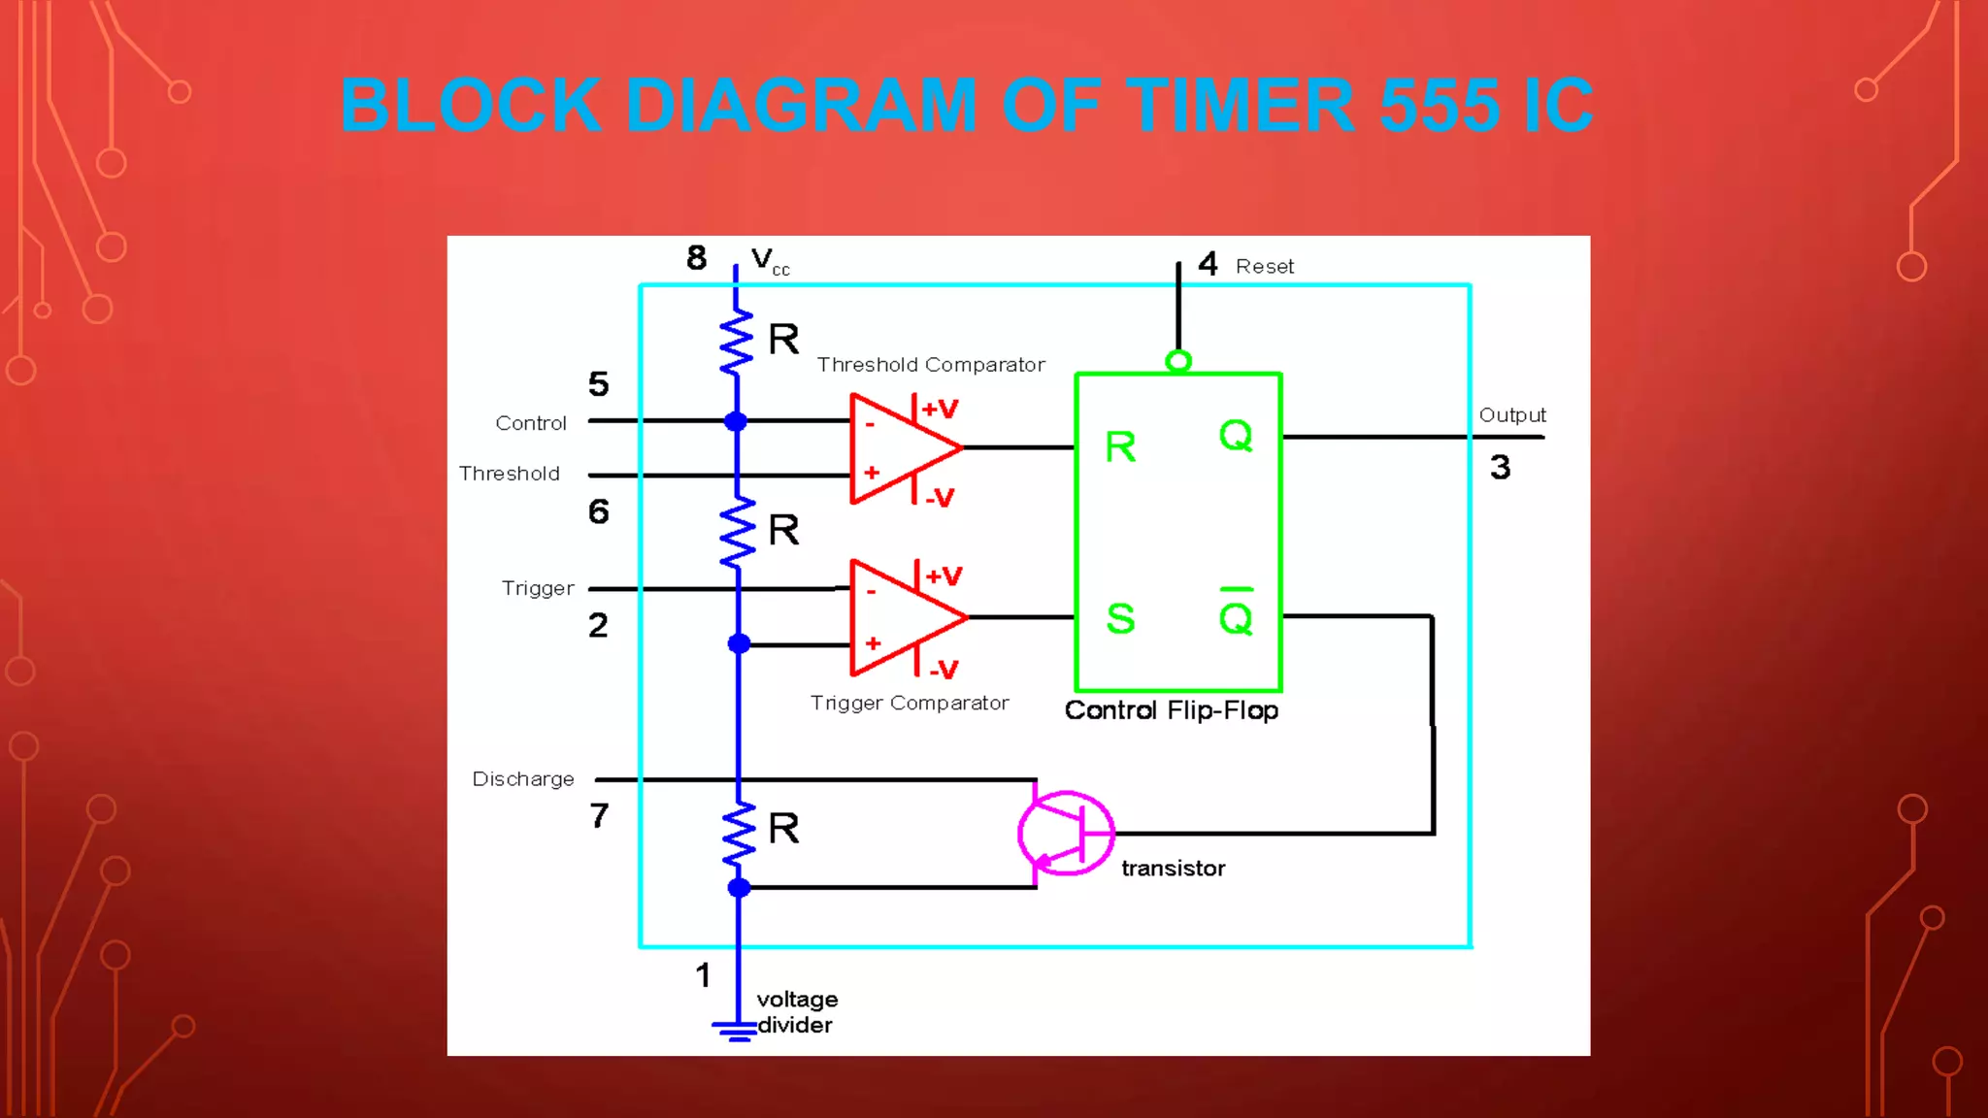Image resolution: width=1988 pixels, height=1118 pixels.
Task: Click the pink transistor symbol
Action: point(1066,833)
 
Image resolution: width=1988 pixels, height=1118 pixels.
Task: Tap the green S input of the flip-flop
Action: point(1120,618)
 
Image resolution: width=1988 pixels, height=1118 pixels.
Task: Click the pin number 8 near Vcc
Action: point(696,258)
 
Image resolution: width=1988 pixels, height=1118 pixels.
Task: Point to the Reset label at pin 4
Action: point(1264,267)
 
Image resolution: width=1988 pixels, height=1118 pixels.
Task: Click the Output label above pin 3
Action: point(1511,415)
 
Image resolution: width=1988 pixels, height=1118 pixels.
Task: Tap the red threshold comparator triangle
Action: point(898,448)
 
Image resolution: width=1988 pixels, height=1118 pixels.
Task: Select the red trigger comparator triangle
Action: point(900,617)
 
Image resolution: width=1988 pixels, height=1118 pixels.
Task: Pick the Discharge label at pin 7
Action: point(523,779)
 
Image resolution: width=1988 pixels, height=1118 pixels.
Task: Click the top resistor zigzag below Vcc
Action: point(736,342)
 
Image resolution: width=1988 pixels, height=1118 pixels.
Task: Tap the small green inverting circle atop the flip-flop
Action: point(1177,362)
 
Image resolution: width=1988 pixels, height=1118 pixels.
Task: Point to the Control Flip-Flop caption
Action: point(1171,710)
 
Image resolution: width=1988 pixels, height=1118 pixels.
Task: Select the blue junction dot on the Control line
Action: point(736,421)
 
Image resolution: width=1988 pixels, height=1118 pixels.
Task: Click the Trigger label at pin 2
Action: point(538,589)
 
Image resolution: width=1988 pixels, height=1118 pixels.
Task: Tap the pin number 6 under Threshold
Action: point(599,511)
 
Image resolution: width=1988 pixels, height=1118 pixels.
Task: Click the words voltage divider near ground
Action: point(796,1011)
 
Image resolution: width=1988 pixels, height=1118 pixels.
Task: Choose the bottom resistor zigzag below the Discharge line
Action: point(738,833)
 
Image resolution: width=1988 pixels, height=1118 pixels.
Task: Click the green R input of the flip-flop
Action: point(1120,447)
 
